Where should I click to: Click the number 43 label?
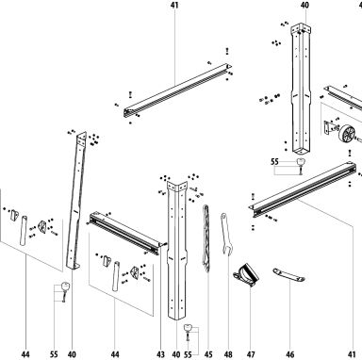click(x=160, y=354)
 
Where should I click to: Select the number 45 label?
click(x=208, y=354)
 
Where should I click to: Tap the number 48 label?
click(x=228, y=354)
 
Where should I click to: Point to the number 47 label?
click(x=251, y=354)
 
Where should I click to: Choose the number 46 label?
click(x=289, y=354)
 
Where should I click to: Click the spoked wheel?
click(x=347, y=134)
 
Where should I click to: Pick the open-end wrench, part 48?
click(x=225, y=234)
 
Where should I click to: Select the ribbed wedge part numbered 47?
click(x=246, y=275)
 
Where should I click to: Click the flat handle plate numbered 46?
click(x=288, y=275)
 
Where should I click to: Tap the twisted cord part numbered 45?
click(x=206, y=238)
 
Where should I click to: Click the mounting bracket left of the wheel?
click(x=328, y=127)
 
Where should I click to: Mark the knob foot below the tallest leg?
click(x=301, y=162)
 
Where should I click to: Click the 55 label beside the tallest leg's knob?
click(x=274, y=162)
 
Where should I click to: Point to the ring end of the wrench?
click(x=223, y=216)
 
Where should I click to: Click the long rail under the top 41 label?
click(x=177, y=90)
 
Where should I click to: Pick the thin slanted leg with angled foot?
click(x=77, y=200)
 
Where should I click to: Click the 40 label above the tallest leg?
click(x=304, y=5)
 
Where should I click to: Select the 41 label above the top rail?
click(x=174, y=5)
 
